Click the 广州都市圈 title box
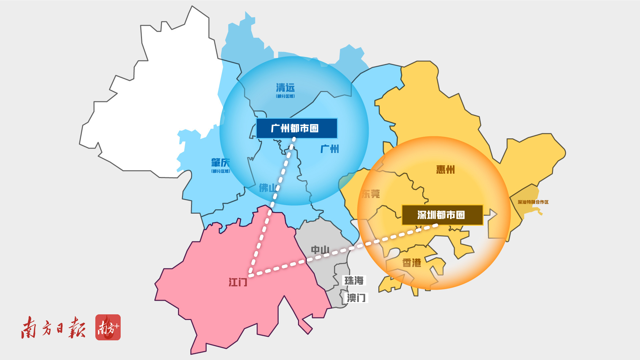[296, 128]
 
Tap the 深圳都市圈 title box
[442, 215]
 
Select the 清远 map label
[285, 88]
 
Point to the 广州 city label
[330, 149]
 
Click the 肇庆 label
[220, 163]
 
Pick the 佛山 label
[268, 188]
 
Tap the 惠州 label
[445, 170]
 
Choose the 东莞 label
[371, 194]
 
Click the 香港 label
[412, 263]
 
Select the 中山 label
[320, 250]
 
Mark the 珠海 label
[354, 281]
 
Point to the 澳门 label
[356, 298]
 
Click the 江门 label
[238, 282]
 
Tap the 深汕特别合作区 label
[533, 202]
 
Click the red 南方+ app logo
[108, 327]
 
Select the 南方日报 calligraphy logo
[53, 328]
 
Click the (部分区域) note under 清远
[285, 96]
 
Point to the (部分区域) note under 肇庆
[221, 171]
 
